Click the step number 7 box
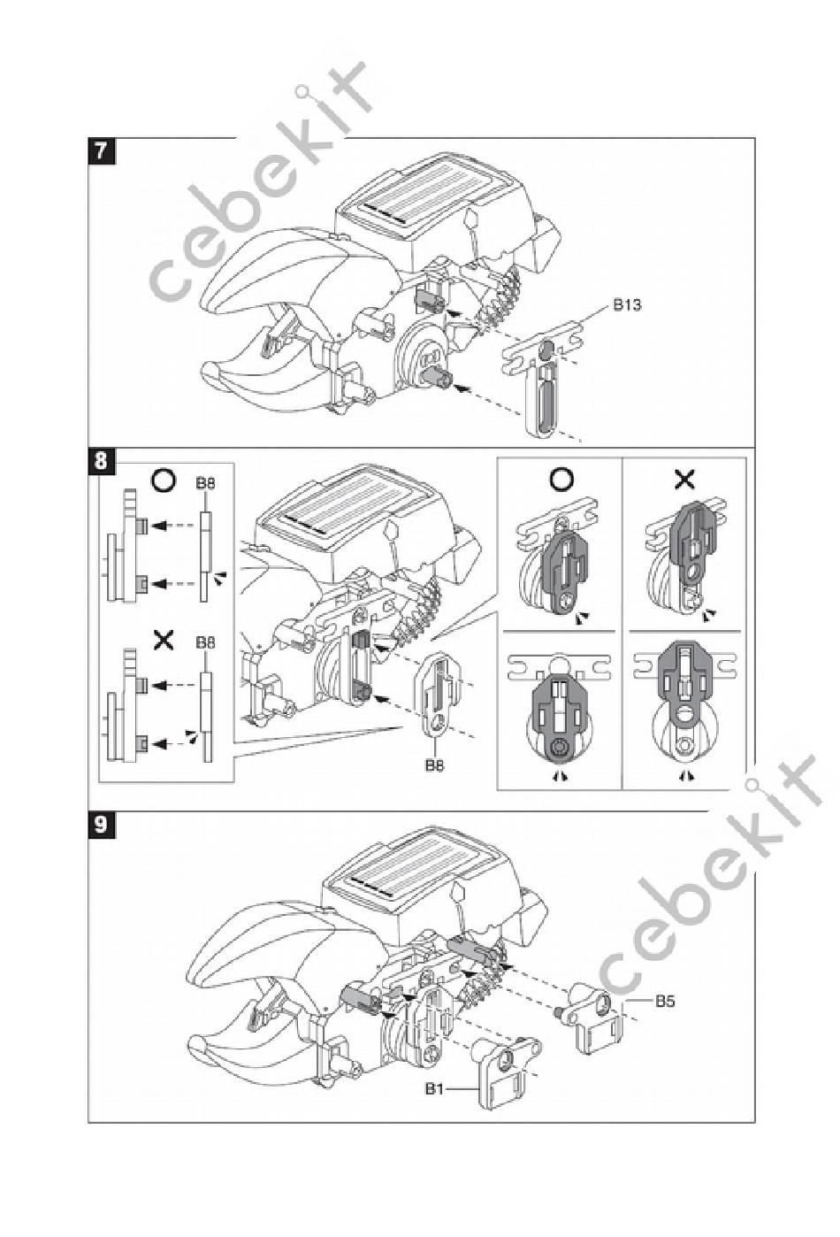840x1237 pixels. point(102,150)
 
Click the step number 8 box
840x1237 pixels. point(102,460)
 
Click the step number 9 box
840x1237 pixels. point(102,824)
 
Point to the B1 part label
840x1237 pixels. point(433,1089)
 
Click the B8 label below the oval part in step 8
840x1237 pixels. point(433,764)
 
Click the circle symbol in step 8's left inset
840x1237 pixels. point(164,480)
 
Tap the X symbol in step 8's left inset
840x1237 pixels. point(164,639)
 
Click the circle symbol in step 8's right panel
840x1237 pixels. point(561,480)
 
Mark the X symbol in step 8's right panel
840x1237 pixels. point(685,480)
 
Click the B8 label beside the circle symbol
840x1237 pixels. point(204,484)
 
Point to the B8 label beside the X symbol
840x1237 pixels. point(204,643)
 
